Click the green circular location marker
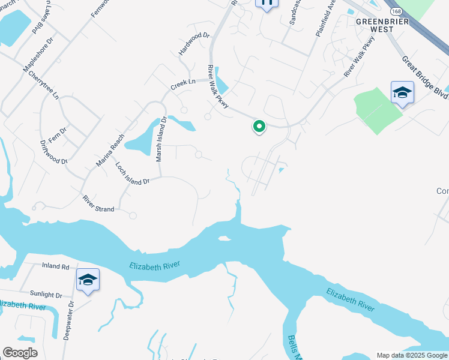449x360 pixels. [259, 127]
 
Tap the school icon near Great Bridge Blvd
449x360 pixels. [402, 93]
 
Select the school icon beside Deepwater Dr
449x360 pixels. [88, 280]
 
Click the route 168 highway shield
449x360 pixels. [396, 11]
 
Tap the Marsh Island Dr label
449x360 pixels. [160, 139]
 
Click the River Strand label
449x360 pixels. [98, 203]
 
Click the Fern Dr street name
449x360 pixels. [58, 134]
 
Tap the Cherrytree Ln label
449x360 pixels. [47, 88]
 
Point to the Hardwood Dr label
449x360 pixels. [194, 44]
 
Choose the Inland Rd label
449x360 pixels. [56, 266]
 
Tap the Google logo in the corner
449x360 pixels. [20, 353]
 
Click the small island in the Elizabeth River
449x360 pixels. [225, 239]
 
